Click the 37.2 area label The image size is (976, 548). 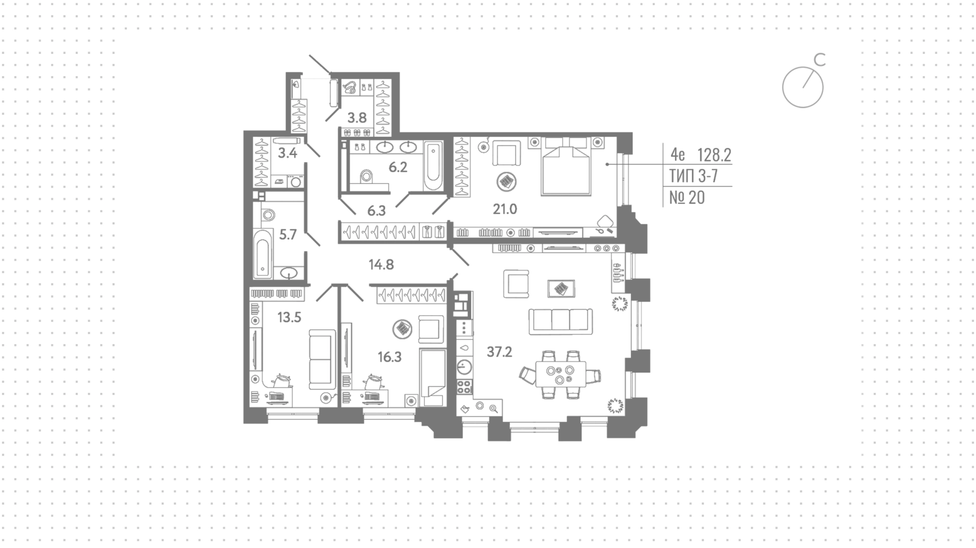tap(499, 352)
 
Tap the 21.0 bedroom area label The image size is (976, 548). tap(505, 208)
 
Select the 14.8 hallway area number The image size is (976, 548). tap(381, 264)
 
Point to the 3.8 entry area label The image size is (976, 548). tap(357, 118)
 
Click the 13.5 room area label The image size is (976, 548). tap(289, 318)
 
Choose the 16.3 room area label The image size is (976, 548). tap(389, 357)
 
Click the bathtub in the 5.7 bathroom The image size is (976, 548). tap(262, 254)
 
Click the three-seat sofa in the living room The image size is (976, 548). tap(561, 321)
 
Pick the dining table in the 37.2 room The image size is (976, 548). tap(560, 374)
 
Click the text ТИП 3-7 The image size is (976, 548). tap(693, 176)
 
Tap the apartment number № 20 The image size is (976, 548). tap(687, 197)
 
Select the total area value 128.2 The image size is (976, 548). tap(714, 154)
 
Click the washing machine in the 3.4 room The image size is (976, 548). tap(295, 181)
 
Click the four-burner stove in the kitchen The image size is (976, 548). tap(465, 386)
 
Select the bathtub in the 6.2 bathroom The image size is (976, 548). tap(433, 165)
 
